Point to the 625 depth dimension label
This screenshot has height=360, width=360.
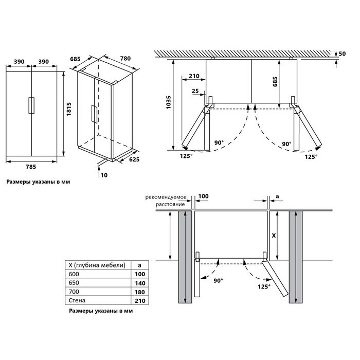click(135, 160)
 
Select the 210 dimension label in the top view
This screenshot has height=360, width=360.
click(194, 76)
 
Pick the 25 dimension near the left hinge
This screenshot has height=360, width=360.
click(195, 91)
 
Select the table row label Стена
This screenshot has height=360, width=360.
click(76, 300)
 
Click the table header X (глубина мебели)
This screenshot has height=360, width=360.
click(97, 265)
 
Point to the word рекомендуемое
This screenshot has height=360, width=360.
click(165, 196)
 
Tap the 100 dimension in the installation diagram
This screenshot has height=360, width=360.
click(204, 196)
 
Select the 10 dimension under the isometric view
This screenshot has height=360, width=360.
click(104, 175)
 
